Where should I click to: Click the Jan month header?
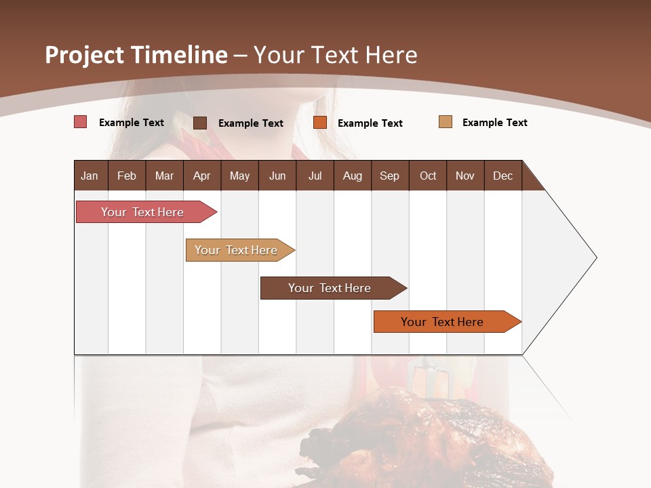click(x=90, y=176)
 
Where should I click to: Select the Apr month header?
click(x=201, y=176)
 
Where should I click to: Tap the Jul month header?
click(x=315, y=176)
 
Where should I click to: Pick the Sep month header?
click(x=389, y=176)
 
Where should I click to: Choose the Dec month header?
click(x=502, y=176)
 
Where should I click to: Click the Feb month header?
click(x=127, y=176)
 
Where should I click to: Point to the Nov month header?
click(x=465, y=176)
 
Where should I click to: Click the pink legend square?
click(x=81, y=122)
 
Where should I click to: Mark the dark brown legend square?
click(x=200, y=123)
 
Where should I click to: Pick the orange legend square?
click(x=320, y=123)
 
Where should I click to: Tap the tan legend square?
click(x=446, y=122)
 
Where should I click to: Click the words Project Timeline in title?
click(x=136, y=55)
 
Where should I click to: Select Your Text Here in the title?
click(x=336, y=55)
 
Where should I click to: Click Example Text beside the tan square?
click(x=494, y=123)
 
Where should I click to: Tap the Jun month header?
click(x=277, y=176)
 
